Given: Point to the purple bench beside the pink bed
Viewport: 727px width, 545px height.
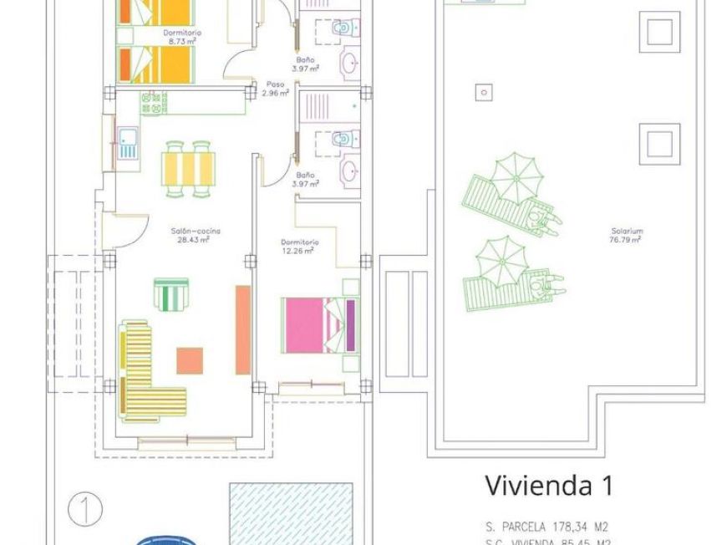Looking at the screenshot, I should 350,325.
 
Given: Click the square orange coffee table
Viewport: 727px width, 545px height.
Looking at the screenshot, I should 190,360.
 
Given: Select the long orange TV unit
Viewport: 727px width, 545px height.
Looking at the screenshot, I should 242,329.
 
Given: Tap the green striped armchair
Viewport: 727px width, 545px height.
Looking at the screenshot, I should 171,293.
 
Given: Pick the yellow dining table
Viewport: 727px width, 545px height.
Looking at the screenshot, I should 188,168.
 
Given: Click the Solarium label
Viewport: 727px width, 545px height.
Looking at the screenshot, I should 624,232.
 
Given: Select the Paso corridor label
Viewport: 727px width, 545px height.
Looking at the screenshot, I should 274,84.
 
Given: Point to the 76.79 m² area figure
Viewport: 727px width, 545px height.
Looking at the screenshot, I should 625,240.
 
